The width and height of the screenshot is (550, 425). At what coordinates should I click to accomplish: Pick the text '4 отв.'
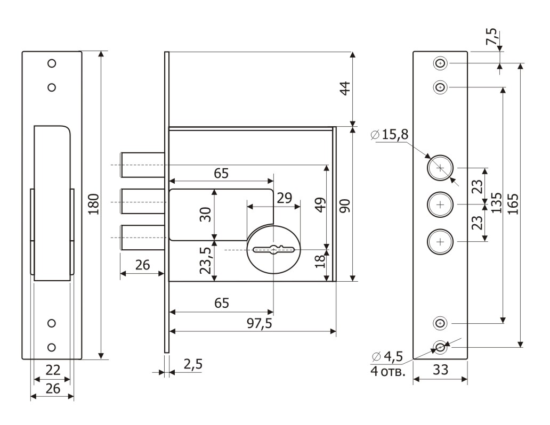387,371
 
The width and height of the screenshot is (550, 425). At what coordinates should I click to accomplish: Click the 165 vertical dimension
514,205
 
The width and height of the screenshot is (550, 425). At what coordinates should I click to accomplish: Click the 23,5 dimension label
205,259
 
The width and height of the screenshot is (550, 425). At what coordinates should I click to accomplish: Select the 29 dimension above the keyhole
284,198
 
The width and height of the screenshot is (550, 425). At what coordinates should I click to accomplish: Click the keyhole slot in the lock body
274,249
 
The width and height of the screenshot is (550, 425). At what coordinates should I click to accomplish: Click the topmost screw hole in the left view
52,63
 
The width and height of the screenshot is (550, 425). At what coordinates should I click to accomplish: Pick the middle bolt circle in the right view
440,205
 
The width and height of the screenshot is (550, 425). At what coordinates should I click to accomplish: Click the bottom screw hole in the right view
440,347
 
